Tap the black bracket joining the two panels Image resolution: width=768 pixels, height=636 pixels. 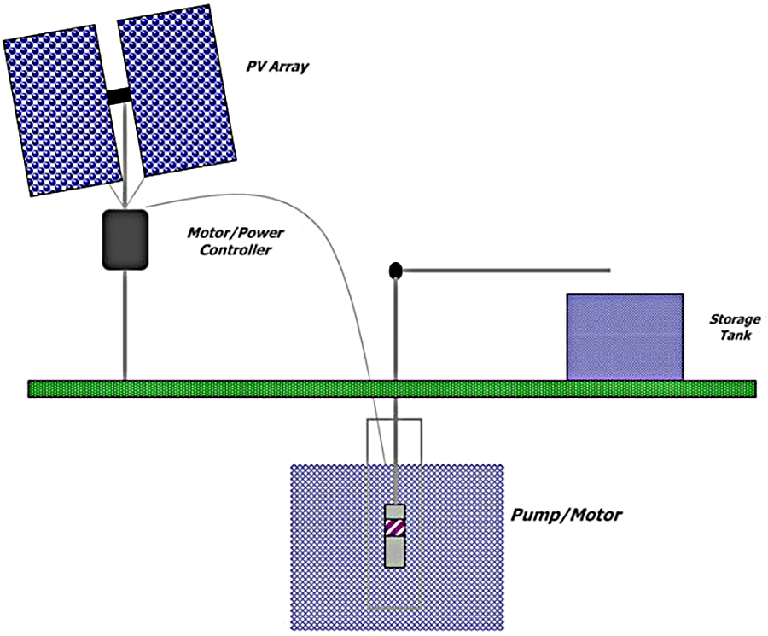tap(119, 96)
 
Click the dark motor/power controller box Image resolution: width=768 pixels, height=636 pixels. tap(125, 240)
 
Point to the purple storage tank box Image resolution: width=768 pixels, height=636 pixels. tap(625, 336)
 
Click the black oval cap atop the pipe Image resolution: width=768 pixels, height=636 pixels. tap(395, 271)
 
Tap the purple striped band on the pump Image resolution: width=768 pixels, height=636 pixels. tap(394, 527)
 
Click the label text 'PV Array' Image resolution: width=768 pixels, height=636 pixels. tap(276, 65)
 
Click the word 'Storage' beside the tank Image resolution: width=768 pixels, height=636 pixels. tap(735, 319)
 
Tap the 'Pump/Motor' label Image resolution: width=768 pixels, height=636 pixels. tap(566, 515)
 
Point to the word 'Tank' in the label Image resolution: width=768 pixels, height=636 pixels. tap(735, 336)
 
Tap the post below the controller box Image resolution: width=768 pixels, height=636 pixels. tap(125, 324)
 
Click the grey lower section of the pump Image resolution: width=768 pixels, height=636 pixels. tap(394, 552)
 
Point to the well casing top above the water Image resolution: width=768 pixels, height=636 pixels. tap(393, 441)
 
